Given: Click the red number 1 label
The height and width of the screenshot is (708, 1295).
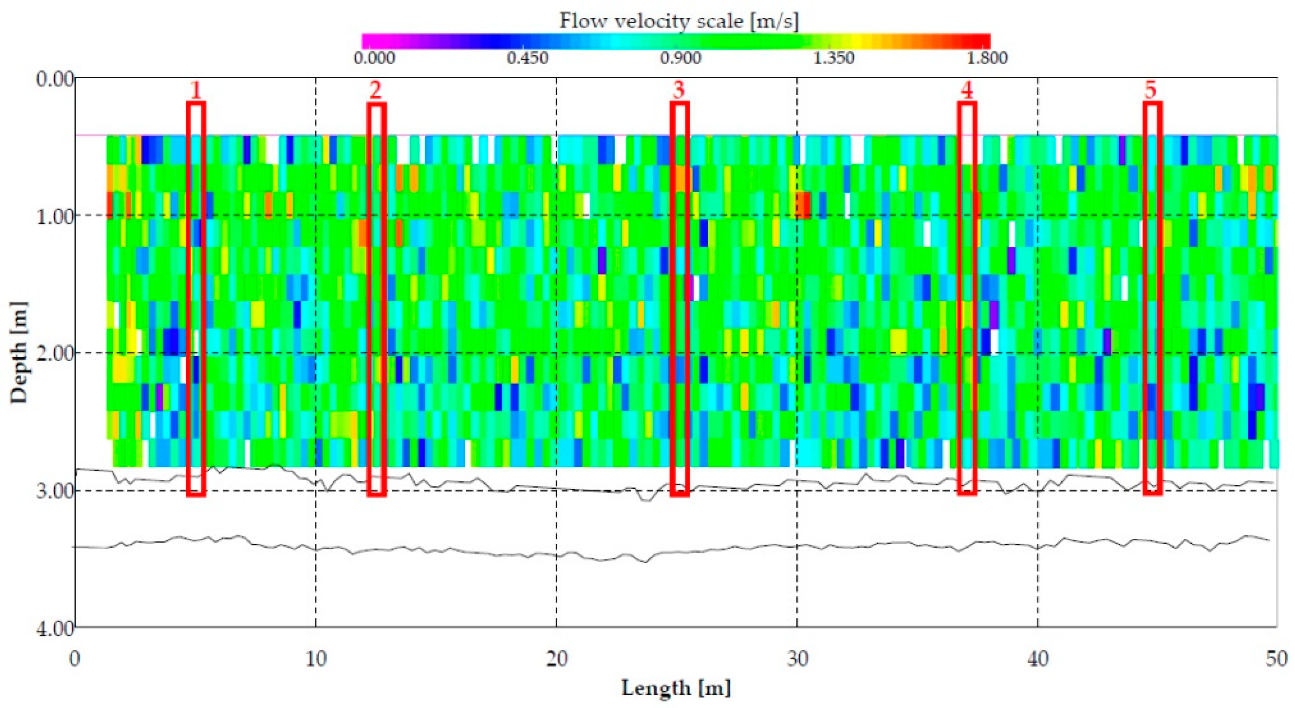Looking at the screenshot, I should click(196, 91).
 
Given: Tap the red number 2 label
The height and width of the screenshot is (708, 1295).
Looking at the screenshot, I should click(376, 91).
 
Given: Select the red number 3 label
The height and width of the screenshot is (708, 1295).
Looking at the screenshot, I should click(679, 91).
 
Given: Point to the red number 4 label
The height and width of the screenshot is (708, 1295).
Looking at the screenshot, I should click(967, 91).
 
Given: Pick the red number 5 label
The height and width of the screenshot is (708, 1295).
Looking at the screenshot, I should click(1151, 91).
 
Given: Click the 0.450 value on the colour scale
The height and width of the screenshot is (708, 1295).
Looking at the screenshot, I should click(528, 58).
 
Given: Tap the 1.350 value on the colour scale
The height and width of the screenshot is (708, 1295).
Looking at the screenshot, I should click(833, 58).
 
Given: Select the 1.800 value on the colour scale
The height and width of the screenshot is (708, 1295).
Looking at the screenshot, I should click(987, 58).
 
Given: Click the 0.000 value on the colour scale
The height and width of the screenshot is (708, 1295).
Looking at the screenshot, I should click(374, 58).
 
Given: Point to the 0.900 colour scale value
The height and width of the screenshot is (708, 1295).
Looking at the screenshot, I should click(681, 58).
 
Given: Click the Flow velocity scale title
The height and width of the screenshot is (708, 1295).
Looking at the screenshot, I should click(679, 21).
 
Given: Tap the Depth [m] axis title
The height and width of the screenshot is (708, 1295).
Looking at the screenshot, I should click(19, 352).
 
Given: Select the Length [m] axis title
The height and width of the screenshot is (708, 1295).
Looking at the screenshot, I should click(676, 687).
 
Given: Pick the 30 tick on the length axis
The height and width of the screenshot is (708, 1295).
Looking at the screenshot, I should click(797, 658).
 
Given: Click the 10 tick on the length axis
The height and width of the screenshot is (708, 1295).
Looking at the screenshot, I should click(316, 658).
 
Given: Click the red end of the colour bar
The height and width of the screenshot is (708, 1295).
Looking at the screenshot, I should click(980, 41).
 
